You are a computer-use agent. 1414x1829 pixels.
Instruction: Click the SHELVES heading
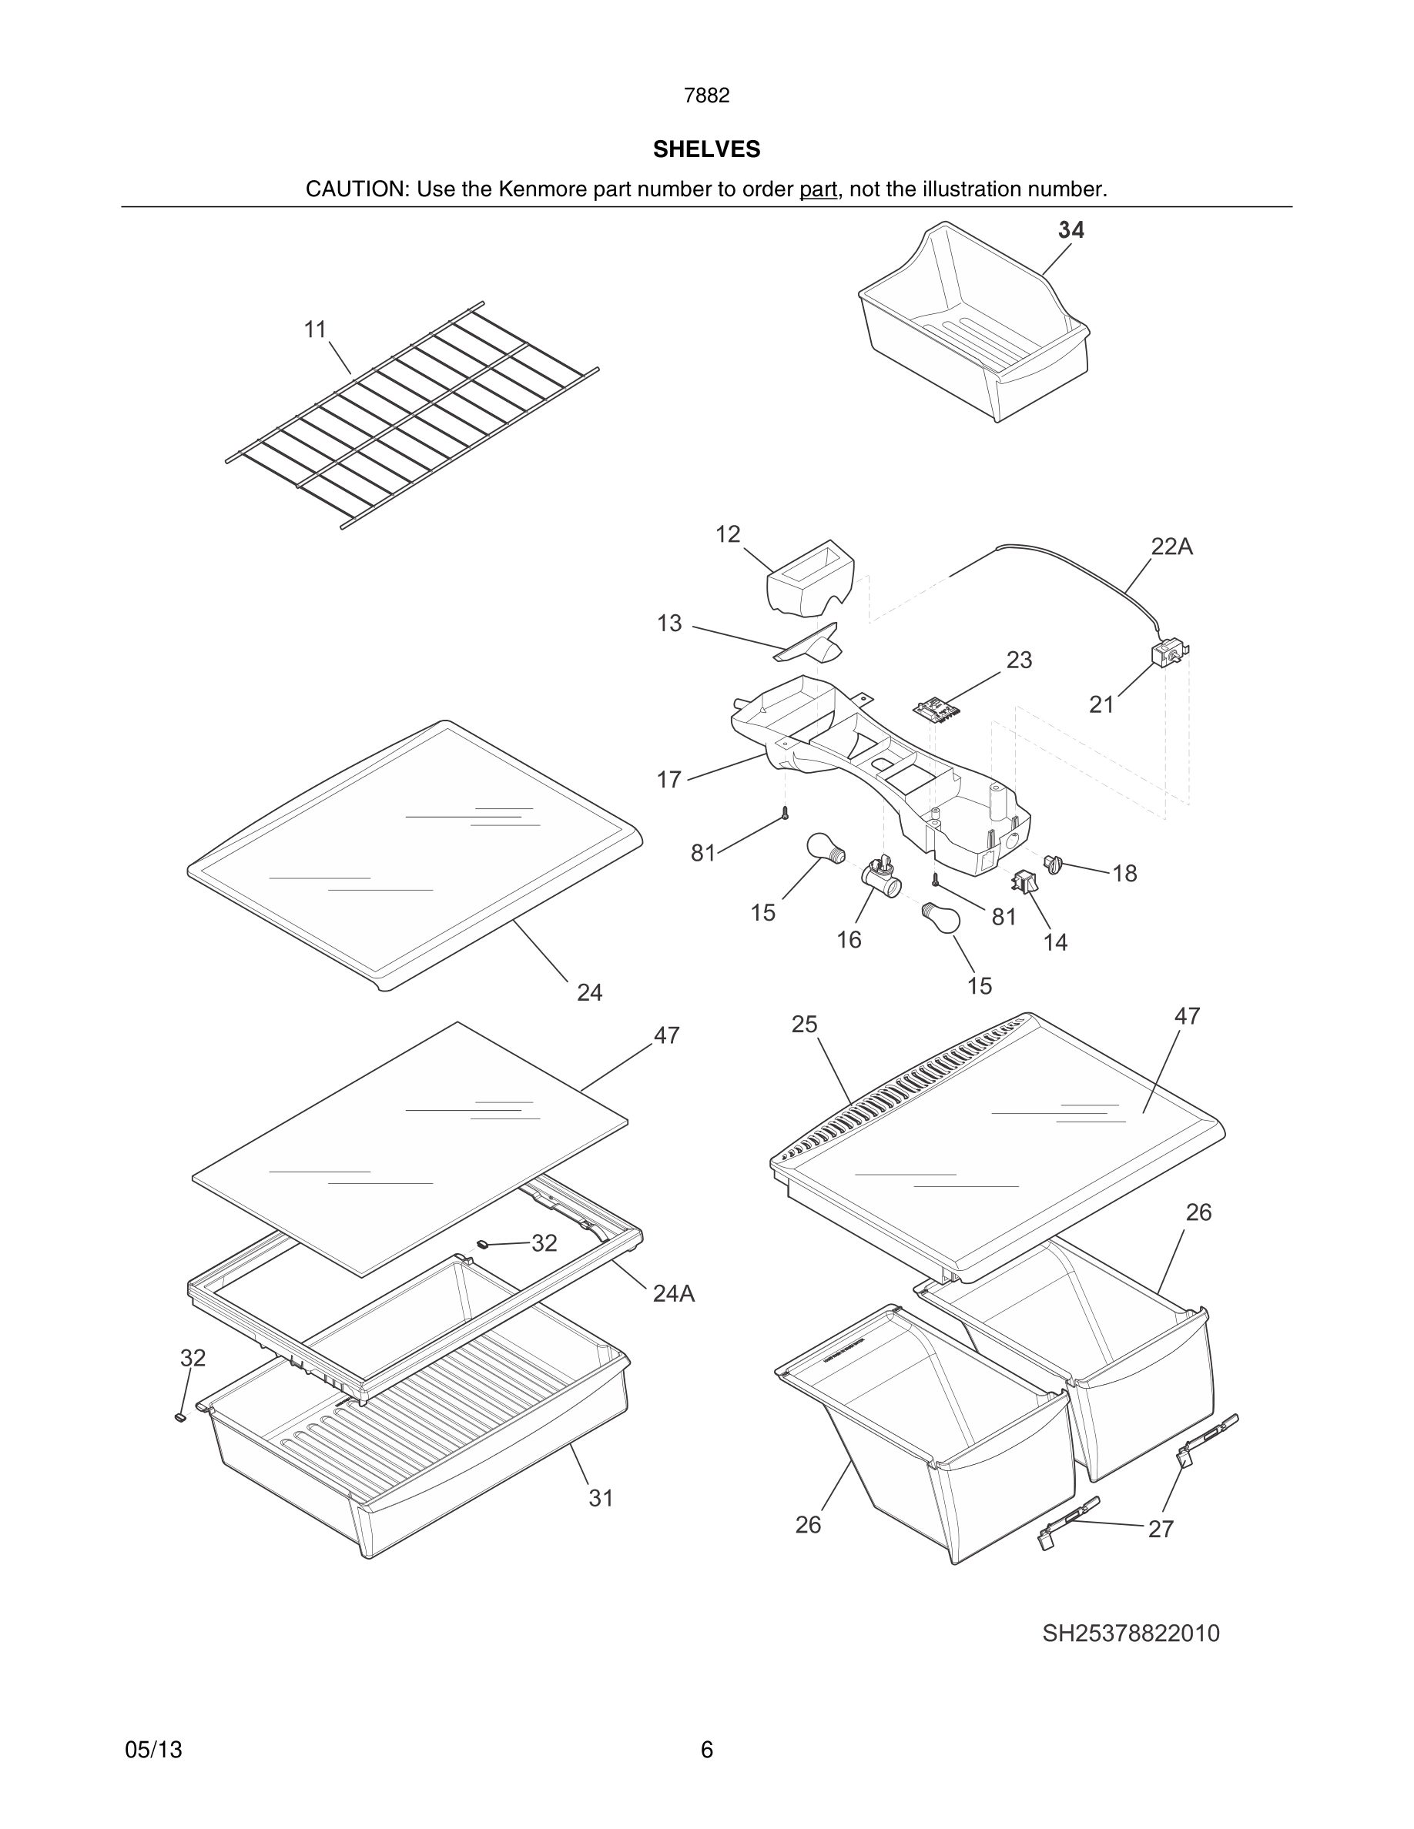pos(706,149)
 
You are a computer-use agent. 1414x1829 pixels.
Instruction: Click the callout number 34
pos(1071,230)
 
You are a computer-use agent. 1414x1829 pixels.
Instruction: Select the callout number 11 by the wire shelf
pos(315,330)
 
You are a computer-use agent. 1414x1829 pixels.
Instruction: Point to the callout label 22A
pos(1171,547)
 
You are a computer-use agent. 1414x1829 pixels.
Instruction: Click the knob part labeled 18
pos(1053,863)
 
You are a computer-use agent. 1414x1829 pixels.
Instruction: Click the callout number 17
pos(668,781)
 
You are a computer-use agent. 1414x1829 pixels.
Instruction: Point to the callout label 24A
pos(673,1294)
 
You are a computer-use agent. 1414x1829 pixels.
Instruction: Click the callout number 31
pos(601,1498)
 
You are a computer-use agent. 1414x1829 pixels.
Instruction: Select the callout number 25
pos(804,1025)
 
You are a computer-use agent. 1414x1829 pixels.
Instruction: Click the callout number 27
pos(1160,1530)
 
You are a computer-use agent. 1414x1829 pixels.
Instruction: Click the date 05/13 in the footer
pos(153,1750)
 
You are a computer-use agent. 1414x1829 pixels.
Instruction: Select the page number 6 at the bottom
pos(706,1750)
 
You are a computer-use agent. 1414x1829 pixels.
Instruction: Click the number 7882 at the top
pos(706,96)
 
